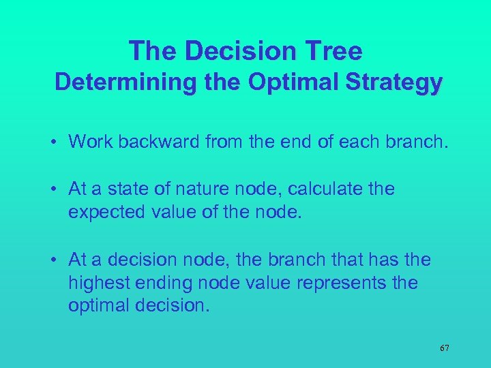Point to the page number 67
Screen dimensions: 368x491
point(444,348)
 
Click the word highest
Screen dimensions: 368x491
point(101,283)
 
